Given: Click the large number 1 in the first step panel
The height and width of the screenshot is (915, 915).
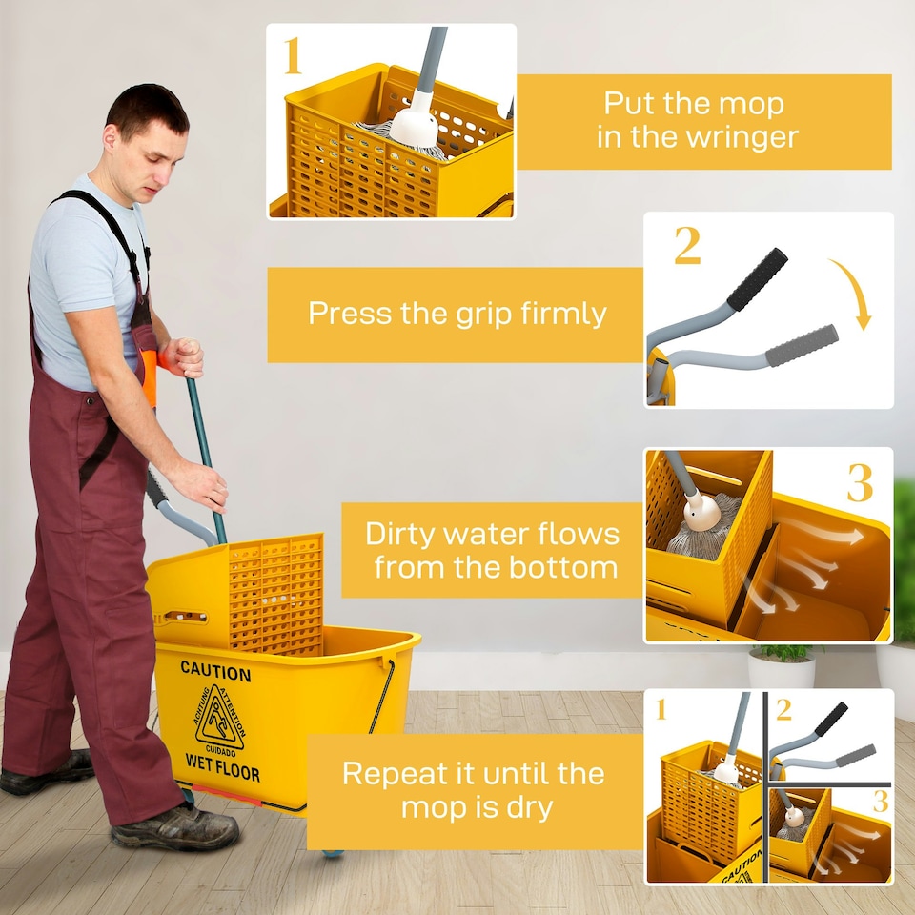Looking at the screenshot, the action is tap(293, 56).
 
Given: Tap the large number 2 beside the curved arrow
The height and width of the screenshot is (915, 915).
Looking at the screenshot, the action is tap(687, 245).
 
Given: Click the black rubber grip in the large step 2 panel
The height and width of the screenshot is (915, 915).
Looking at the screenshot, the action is tap(757, 279).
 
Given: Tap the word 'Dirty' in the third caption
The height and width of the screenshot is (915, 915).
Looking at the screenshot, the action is tap(401, 535).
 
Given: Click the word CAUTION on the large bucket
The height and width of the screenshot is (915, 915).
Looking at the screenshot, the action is tap(215, 671).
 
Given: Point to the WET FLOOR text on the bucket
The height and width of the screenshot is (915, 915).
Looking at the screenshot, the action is tap(222, 766).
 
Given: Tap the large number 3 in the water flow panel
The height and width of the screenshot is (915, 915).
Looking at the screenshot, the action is tap(860, 482).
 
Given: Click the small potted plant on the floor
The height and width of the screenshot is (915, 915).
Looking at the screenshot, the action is tap(782, 665).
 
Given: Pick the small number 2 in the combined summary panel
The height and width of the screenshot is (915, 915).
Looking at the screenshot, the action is tap(783, 710).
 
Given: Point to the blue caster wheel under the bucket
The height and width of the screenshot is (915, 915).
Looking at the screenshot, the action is tap(333, 852).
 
